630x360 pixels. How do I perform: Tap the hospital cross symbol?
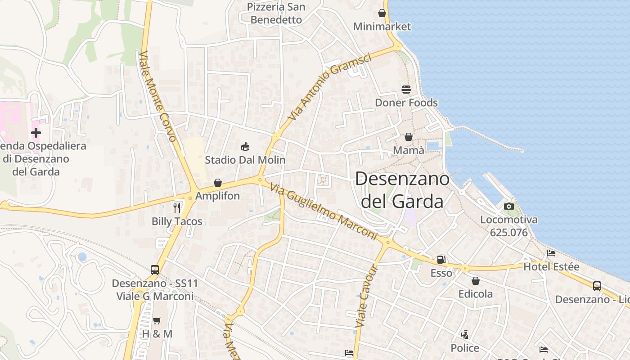[36, 133]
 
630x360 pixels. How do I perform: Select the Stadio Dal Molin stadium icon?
[245, 146]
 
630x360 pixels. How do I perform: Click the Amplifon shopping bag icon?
[218, 183]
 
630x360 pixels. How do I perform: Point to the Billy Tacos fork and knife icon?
[177, 207]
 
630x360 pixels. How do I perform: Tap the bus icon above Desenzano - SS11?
[155, 270]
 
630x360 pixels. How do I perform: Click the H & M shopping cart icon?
[157, 321]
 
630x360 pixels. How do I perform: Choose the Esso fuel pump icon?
[441, 260]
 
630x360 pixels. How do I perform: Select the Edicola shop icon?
[476, 281]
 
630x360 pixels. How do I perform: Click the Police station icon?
[465, 335]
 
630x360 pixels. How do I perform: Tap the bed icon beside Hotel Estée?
[551, 253]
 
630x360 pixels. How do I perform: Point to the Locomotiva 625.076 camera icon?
[509, 206]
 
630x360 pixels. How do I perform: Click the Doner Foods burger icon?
[406, 90]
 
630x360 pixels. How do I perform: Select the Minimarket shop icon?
[382, 13]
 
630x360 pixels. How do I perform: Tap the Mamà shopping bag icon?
[409, 136]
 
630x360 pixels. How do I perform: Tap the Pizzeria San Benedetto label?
[276, 13]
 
